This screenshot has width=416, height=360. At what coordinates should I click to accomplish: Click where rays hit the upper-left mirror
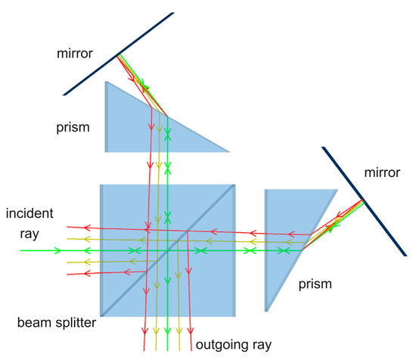[118, 55]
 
